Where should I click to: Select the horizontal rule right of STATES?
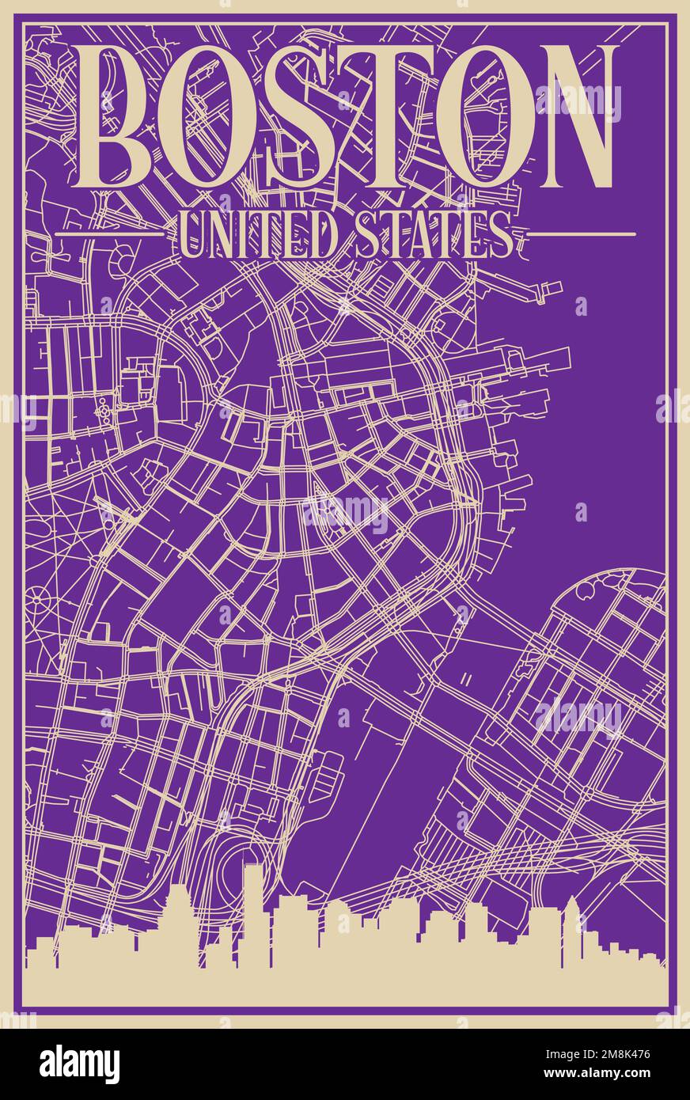pos(582,234)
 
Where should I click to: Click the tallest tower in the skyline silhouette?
pos(252,910)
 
